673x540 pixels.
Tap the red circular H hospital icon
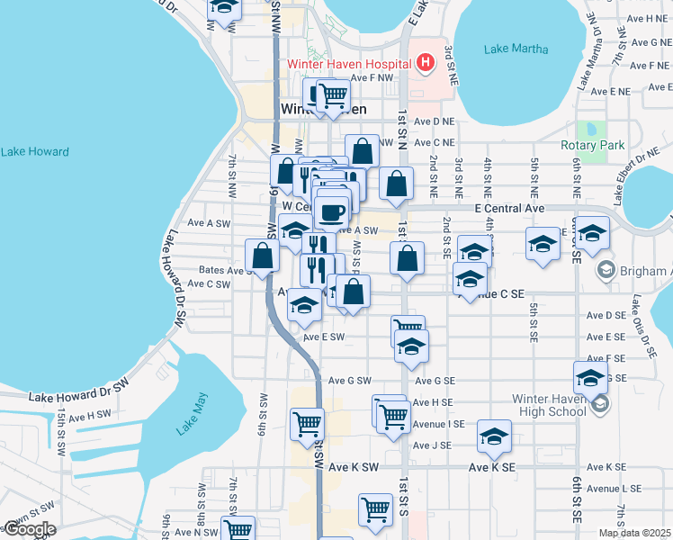[x=426, y=63]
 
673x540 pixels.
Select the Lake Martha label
[x=516, y=49]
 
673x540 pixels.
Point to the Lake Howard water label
[x=34, y=151]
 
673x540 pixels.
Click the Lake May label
[x=192, y=414]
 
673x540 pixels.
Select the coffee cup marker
[x=333, y=212]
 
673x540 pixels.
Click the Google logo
[x=29, y=529]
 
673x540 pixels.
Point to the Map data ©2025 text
[x=635, y=533]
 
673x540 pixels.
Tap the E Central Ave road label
[x=510, y=208]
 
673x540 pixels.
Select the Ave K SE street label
[x=491, y=468]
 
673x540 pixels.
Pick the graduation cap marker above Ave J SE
[x=494, y=436]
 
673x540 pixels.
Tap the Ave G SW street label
[x=349, y=381]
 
